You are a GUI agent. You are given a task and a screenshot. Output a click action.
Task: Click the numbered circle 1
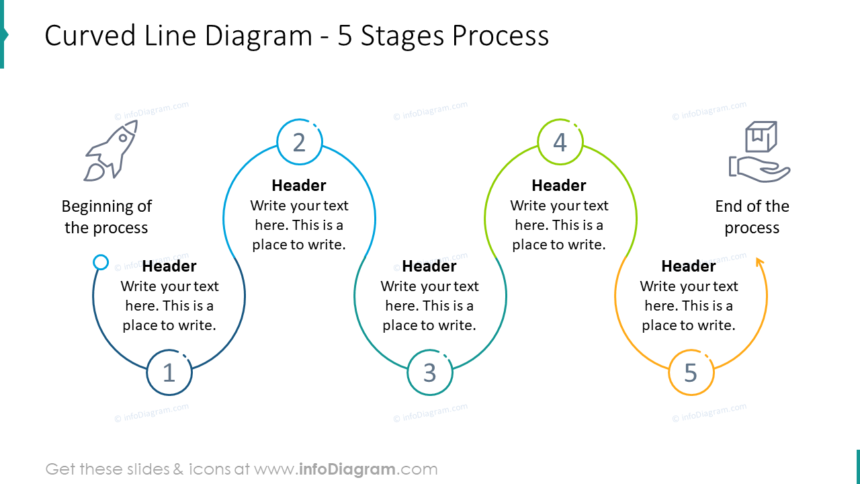(169, 372)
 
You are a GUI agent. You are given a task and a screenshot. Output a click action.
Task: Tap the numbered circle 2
(300, 142)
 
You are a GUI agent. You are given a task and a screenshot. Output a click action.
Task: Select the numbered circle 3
(430, 372)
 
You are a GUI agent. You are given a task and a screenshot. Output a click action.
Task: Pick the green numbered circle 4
(560, 142)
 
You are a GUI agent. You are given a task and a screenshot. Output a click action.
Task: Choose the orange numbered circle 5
(691, 372)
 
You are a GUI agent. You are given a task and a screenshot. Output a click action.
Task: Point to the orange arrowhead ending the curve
(759, 262)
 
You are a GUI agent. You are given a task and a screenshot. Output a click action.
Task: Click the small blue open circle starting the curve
(101, 262)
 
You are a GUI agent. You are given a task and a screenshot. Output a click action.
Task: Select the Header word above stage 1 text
(169, 266)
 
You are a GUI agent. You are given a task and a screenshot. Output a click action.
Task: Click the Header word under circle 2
(299, 186)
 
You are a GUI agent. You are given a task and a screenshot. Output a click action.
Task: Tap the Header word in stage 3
(429, 266)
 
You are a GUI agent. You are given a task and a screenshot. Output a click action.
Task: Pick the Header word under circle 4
(559, 186)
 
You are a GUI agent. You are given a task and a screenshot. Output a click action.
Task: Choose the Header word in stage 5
(689, 266)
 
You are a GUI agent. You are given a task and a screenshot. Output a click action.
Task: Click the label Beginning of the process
(106, 216)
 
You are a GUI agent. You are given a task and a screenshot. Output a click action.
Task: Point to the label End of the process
(752, 216)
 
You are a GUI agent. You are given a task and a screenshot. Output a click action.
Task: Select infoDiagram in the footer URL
(347, 469)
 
